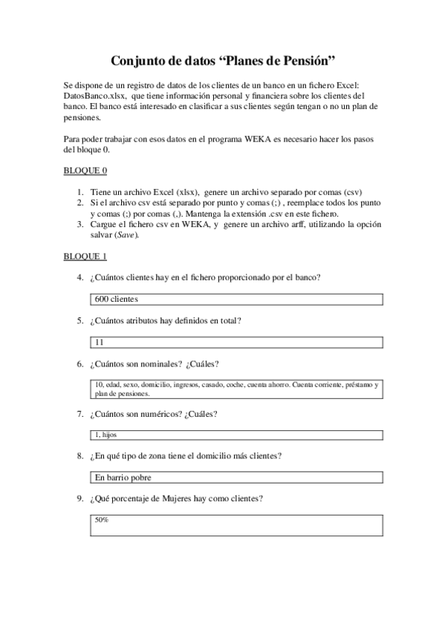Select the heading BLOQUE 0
click(x=85, y=171)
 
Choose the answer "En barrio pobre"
click(x=123, y=478)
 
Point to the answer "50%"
click(x=102, y=520)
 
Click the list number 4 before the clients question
click(x=79, y=277)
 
